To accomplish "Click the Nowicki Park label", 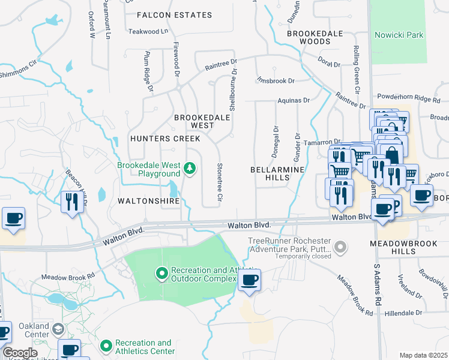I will coord(399,35).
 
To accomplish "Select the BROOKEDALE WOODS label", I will coord(308,38).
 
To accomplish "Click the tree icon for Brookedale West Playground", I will coord(190,169).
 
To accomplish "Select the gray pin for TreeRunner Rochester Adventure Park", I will coord(341,246).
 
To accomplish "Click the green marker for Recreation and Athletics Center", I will coord(106,346).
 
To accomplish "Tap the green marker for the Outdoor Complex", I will coord(161,274).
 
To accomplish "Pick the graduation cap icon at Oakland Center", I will coord(58,329).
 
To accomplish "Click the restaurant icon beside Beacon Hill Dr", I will coord(70,201).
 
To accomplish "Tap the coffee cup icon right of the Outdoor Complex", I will coord(249,280).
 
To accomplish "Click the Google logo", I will coord(20,353).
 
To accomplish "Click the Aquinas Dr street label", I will coord(293,101).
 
